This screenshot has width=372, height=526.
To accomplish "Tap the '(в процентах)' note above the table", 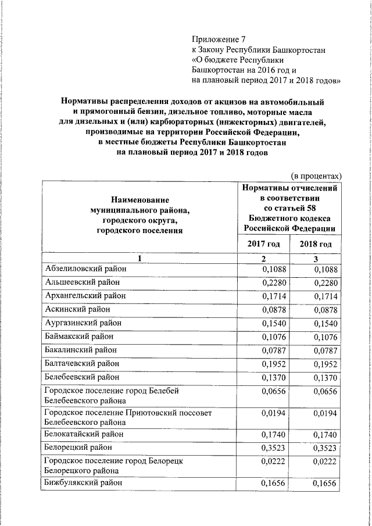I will [316, 176].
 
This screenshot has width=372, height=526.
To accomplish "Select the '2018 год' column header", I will [316, 244].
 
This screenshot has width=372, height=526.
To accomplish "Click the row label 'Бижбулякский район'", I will [84, 482].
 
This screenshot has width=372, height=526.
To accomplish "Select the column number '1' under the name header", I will [139, 258].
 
